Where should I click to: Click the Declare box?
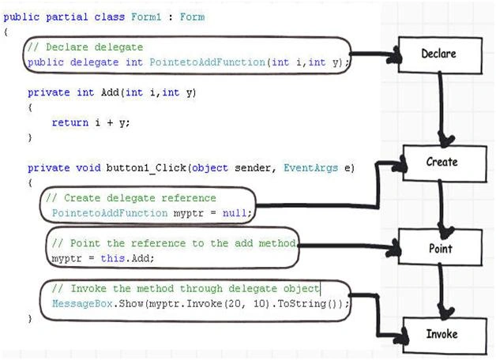440,55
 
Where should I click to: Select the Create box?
445,163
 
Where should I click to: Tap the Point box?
440,247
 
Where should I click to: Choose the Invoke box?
445,336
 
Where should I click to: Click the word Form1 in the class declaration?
146,17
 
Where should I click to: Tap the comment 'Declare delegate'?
85,47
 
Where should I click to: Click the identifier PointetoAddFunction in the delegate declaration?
207,62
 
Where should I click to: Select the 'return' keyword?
70,122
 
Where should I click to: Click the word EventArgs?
310,168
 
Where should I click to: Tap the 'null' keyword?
235,212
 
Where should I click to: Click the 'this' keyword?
112,258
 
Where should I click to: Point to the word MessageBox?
82,303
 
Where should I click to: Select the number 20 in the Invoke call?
234,304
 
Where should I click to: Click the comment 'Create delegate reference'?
131,198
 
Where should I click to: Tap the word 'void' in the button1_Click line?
88,168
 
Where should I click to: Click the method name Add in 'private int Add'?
110,92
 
